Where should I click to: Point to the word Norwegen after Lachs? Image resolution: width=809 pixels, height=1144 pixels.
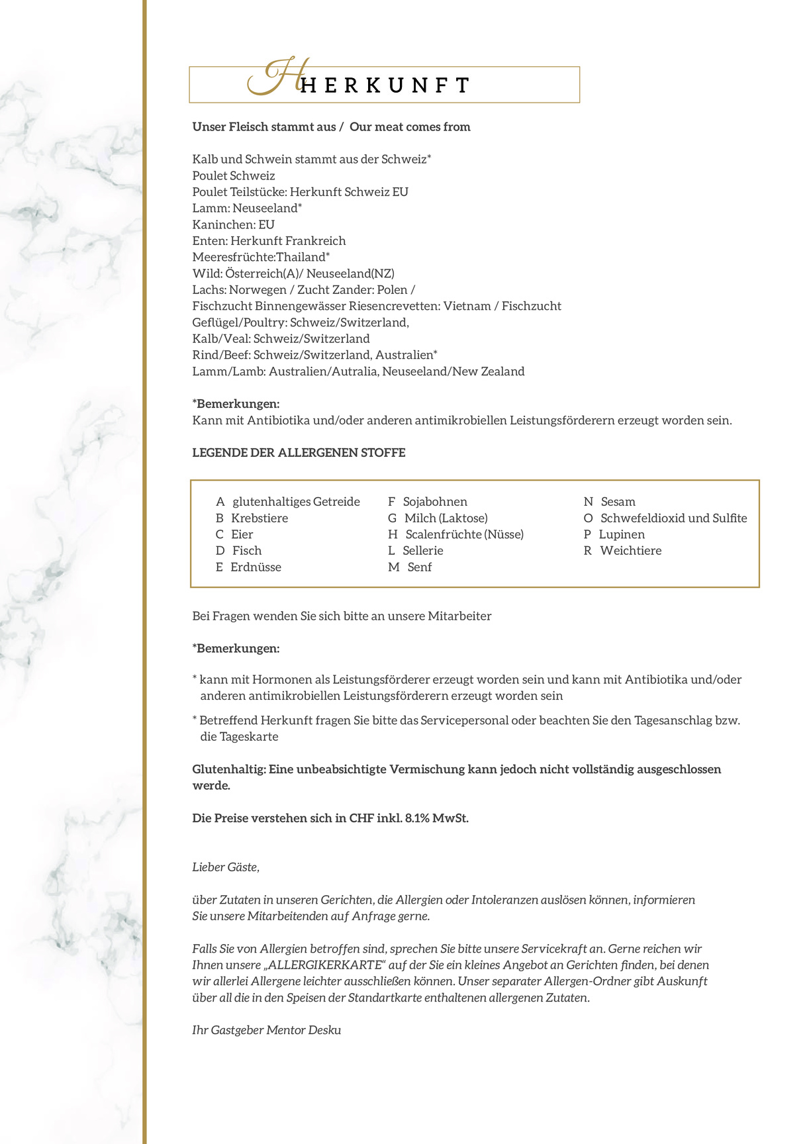tap(258, 290)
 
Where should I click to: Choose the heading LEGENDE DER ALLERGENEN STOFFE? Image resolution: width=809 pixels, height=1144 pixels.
tap(299, 453)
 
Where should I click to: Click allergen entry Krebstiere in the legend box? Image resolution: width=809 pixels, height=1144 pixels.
tap(260, 518)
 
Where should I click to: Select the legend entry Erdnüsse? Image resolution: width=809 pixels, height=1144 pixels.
tap(256, 567)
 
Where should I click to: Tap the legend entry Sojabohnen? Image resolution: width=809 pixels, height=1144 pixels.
tap(435, 502)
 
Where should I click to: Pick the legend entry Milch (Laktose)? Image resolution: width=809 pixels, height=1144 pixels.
tap(446, 518)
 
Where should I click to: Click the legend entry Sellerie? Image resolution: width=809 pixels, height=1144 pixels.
tap(423, 551)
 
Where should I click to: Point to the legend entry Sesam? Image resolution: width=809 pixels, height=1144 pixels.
tap(618, 502)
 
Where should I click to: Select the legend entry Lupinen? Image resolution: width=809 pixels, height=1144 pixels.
tap(622, 534)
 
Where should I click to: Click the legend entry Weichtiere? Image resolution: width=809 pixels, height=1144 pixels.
tap(630, 551)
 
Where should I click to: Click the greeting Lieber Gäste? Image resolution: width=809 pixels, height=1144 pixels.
tap(226, 867)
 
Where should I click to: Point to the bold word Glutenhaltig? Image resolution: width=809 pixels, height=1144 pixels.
tap(228, 769)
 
